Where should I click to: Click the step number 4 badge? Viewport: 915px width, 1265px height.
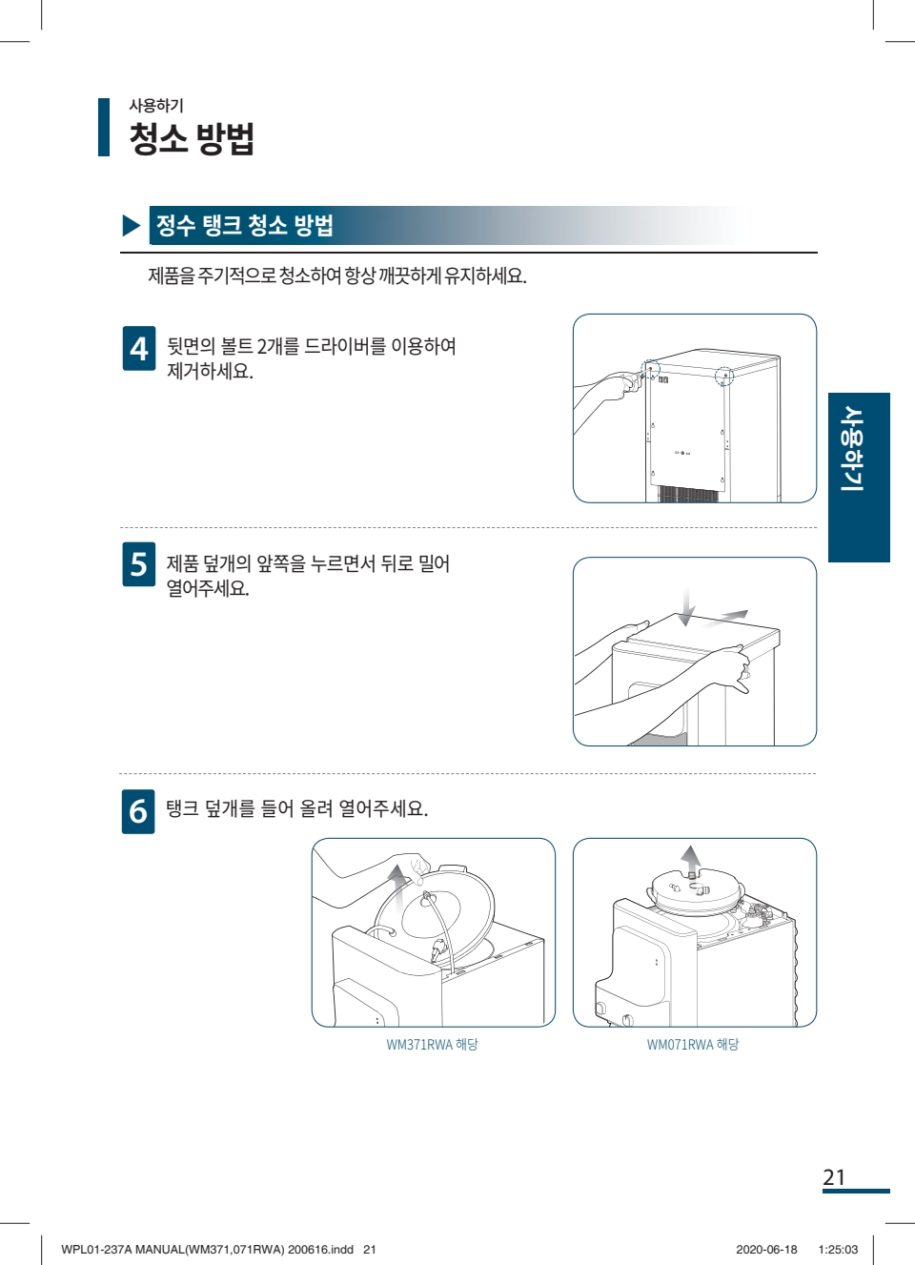click(139, 349)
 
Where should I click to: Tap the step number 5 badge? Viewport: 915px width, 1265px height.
click(139, 564)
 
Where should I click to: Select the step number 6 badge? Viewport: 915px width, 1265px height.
click(138, 811)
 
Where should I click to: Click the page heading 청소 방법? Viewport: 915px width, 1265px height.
click(192, 138)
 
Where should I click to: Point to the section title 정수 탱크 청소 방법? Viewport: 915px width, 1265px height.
click(245, 225)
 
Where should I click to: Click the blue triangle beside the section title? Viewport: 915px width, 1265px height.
click(131, 226)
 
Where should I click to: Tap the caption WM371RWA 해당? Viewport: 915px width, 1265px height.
click(432, 1044)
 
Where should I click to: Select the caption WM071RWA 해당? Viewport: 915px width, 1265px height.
click(693, 1044)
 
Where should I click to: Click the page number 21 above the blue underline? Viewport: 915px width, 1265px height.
click(834, 1177)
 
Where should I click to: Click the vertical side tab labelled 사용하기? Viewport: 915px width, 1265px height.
click(859, 478)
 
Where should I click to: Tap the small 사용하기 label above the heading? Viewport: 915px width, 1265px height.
click(156, 105)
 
